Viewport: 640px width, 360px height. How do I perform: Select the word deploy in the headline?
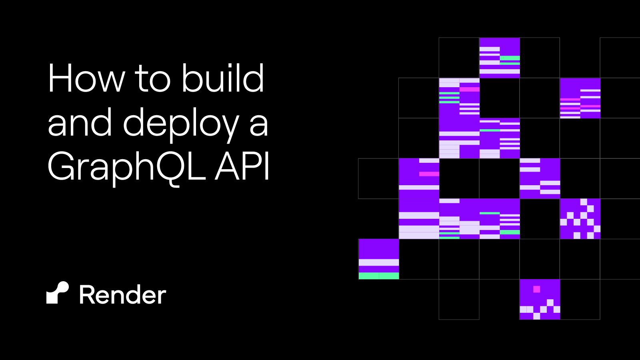tap(181, 124)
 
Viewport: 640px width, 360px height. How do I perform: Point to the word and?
tap(80, 124)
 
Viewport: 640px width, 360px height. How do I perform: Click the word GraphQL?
tap(126, 167)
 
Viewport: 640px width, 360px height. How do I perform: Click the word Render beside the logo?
tap(122, 295)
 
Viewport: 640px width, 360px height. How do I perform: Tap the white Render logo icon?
tap(58, 293)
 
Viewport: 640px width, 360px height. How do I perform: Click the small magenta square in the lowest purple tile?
tap(536, 289)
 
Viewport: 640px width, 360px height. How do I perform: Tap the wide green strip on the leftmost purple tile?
tap(378, 276)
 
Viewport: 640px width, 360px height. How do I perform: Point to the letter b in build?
tap(191, 78)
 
